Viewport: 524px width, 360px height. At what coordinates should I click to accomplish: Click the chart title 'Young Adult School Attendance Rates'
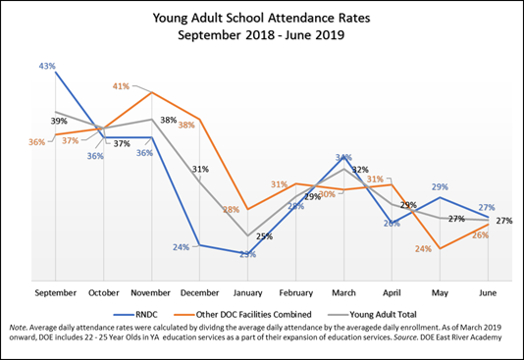(x=262, y=17)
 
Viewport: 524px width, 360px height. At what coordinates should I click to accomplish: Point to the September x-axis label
(x=55, y=291)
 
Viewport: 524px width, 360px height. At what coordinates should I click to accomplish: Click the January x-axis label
(x=247, y=291)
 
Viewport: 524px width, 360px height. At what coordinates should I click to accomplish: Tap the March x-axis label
(x=343, y=291)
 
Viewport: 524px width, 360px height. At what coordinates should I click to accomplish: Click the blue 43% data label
(x=46, y=67)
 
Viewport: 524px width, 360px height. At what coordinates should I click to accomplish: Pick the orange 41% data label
(x=122, y=86)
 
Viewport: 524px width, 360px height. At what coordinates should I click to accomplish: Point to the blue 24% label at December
(x=182, y=247)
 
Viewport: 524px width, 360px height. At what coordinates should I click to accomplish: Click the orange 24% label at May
(x=423, y=249)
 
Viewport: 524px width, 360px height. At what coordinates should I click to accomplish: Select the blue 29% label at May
(x=441, y=186)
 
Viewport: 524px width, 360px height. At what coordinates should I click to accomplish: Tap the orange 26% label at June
(x=481, y=235)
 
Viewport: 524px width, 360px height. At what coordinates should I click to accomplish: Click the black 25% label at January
(x=264, y=235)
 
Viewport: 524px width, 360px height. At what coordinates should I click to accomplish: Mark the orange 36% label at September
(x=36, y=142)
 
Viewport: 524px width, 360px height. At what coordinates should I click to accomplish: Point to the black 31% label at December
(x=200, y=169)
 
